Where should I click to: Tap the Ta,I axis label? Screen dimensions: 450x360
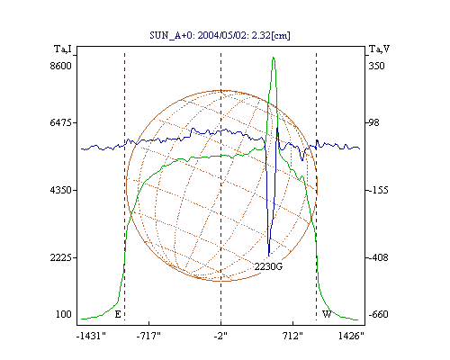(63, 49)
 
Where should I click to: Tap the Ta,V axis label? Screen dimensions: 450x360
(379, 49)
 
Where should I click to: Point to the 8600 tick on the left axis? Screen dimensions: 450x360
(61, 66)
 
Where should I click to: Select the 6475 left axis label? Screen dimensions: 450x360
(61, 122)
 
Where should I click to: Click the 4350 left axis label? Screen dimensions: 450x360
(61, 190)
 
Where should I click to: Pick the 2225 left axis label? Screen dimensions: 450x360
(61, 257)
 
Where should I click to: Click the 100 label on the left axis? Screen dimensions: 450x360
(64, 314)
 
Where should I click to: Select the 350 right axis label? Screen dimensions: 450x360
(376, 66)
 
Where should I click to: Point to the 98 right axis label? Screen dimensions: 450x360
(373, 122)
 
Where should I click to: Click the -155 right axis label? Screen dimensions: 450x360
(378, 190)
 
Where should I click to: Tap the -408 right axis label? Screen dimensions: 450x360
(378, 257)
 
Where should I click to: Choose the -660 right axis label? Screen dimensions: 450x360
(378, 314)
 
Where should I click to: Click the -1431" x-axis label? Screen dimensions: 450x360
(91, 336)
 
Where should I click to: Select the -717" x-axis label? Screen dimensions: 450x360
(148, 336)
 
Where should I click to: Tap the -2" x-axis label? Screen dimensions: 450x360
(220, 336)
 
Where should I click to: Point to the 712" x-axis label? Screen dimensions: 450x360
(292, 336)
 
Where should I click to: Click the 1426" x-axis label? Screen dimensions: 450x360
(351, 336)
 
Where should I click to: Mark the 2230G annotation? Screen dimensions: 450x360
(268, 266)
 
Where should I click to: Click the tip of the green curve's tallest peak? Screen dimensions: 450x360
(273, 57)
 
